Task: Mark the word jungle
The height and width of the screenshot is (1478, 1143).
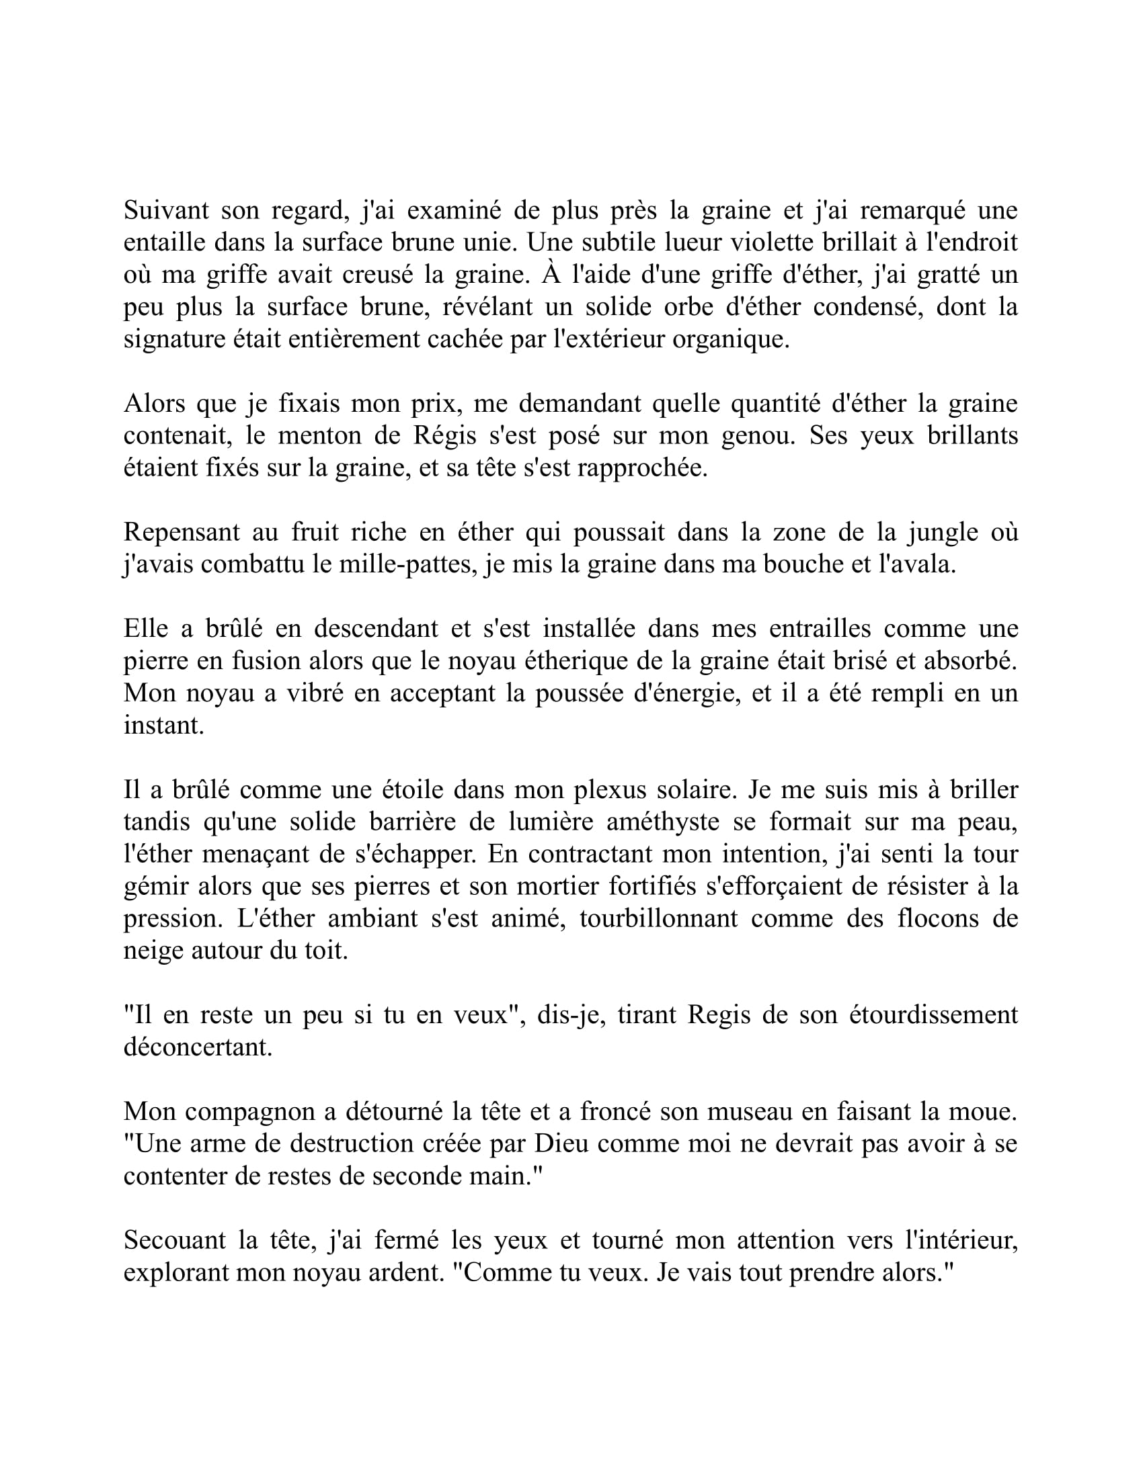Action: [x=943, y=532]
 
